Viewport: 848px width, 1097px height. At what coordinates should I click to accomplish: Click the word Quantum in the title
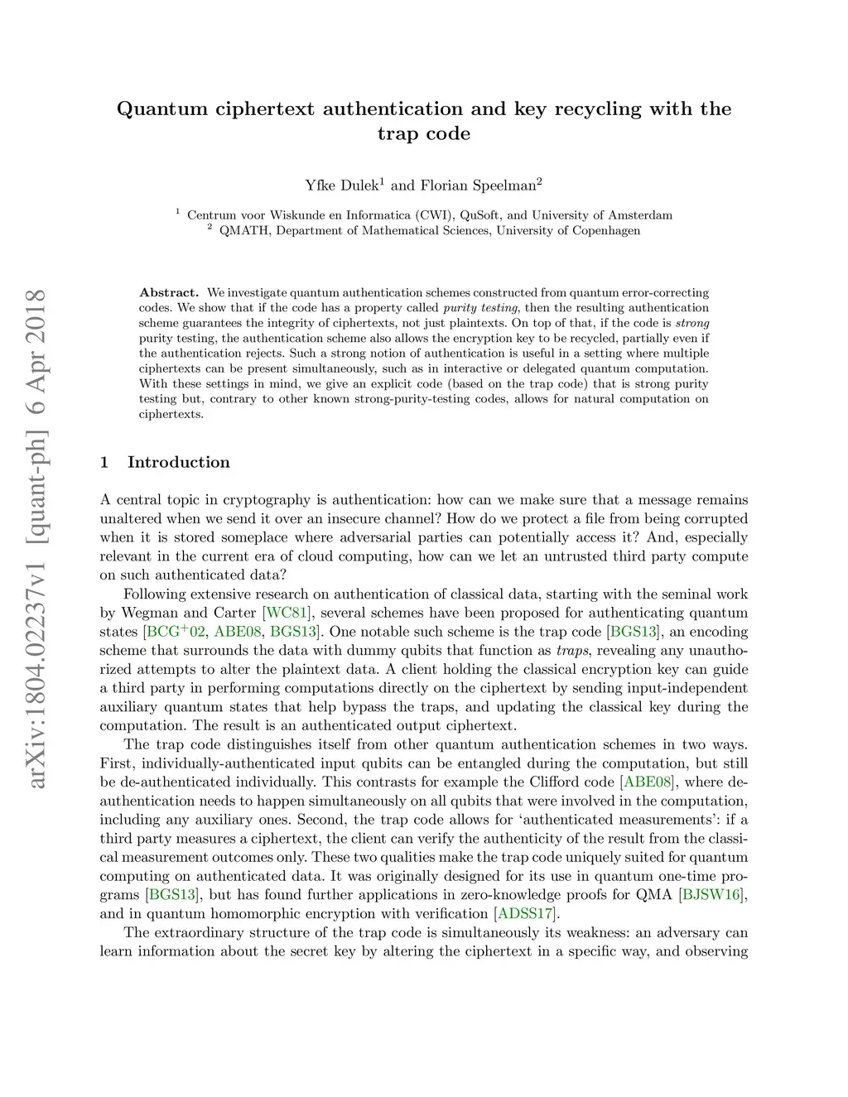tap(162, 109)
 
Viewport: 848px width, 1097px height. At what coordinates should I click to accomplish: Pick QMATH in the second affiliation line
tap(244, 231)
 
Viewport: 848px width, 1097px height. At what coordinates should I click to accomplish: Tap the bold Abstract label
tap(169, 293)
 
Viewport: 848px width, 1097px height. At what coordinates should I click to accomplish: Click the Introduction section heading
tap(178, 463)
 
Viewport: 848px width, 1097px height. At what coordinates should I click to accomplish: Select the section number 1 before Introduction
tap(104, 463)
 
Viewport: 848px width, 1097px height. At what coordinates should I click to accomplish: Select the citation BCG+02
tap(176, 633)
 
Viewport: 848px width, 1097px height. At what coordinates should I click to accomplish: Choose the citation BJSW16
tap(711, 895)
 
